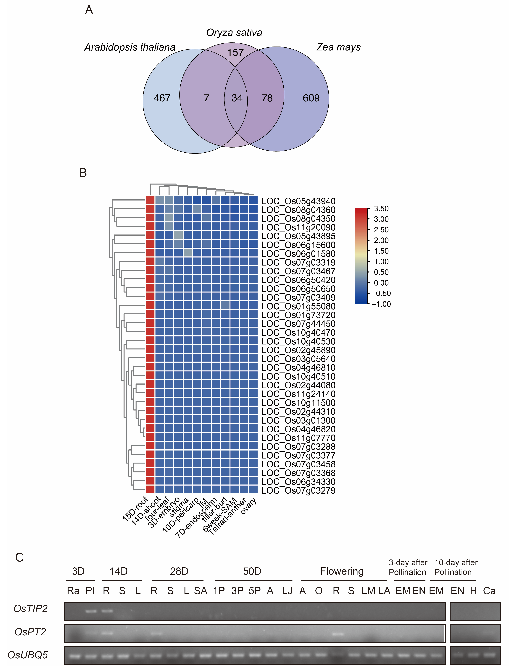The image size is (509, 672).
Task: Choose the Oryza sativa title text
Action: [x=234, y=33]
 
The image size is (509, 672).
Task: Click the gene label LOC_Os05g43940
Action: [x=298, y=201]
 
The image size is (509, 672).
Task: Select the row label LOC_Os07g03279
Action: [x=298, y=491]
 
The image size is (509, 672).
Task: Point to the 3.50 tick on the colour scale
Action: [x=381, y=209]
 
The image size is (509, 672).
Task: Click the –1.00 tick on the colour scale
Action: [x=381, y=304]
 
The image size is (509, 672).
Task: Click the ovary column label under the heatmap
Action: [x=249, y=506]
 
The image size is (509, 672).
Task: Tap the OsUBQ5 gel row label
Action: [x=28, y=655]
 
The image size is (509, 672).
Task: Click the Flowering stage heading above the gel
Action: [x=341, y=571]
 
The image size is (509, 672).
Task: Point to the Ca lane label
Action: [x=489, y=591]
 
